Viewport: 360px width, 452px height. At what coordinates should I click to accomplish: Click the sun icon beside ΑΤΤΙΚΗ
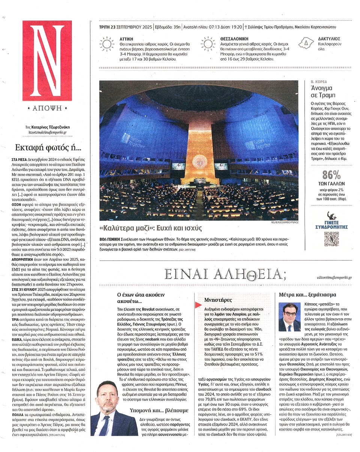point(107,43)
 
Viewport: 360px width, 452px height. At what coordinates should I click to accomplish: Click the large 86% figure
point(331,175)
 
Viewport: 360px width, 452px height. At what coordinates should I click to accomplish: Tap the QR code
point(331,239)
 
